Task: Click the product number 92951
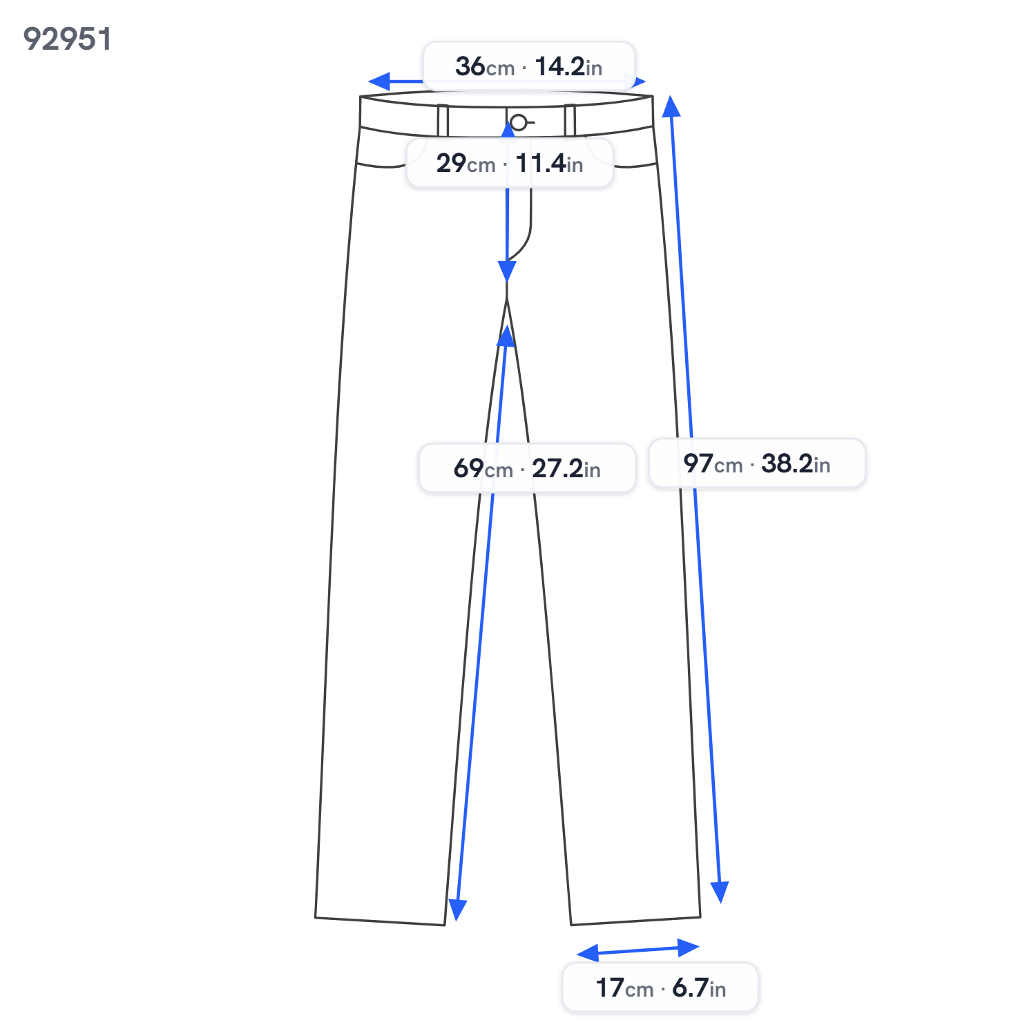[67, 39]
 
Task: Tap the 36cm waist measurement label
[528, 66]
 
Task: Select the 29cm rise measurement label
[510, 163]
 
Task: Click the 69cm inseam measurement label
[527, 468]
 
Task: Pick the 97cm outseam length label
[757, 463]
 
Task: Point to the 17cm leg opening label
[661, 988]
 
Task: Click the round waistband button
[518, 123]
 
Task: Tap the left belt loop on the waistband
[443, 121]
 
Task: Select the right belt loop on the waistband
[570, 120]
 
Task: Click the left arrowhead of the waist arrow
[378, 81]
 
